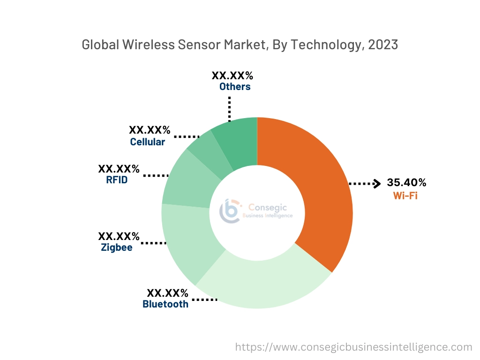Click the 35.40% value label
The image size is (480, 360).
point(406,182)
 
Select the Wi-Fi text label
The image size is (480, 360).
point(405,195)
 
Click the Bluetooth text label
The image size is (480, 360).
point(165,304)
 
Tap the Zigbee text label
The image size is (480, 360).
point(117,247)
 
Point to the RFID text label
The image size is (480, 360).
point(117,180)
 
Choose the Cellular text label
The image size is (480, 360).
point(148,142)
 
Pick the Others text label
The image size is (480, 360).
point(235,87)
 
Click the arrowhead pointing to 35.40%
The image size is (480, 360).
point(376,184)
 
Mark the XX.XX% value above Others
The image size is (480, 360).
point(232,75)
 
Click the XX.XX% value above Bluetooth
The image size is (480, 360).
point(167,293)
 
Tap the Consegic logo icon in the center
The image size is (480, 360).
point(230,210)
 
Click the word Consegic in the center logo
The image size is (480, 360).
point(267,207)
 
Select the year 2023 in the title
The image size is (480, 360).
point(383,45)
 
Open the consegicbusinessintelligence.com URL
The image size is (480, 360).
point(353,347)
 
